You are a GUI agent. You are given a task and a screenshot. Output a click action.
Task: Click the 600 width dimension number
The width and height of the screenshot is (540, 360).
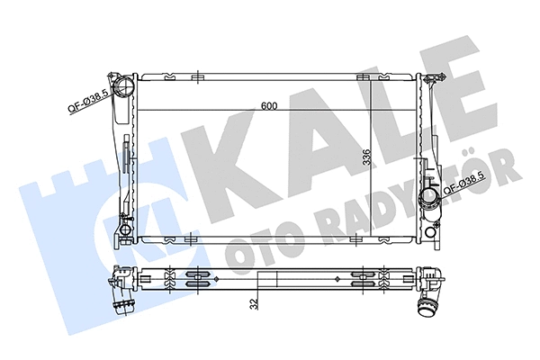coord(270,106)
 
